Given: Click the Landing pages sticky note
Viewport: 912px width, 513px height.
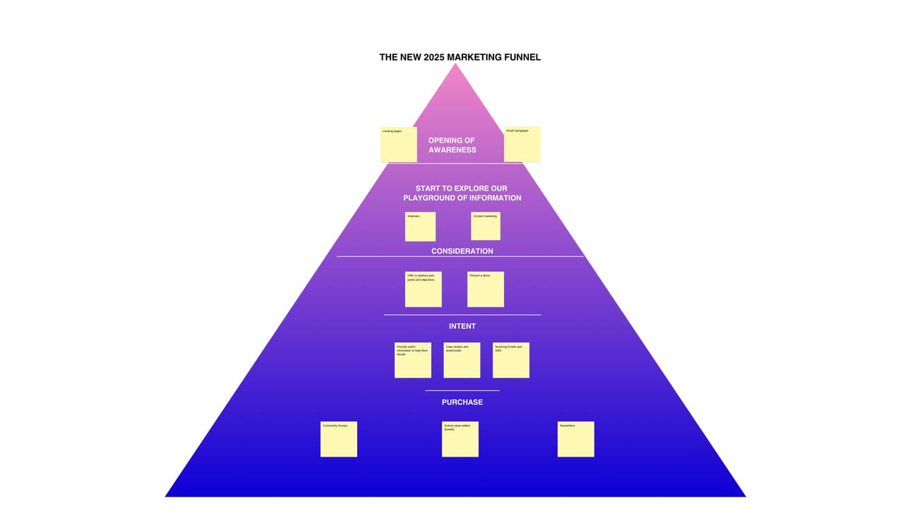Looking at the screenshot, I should coord(398,144).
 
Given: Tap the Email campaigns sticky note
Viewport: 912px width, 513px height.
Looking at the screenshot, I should coord(522,144).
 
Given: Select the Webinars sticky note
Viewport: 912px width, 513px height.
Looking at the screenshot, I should coord(420,227).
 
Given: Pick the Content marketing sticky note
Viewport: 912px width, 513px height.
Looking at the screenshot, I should coord(486,226).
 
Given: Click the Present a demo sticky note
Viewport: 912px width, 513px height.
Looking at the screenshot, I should coord(486,289).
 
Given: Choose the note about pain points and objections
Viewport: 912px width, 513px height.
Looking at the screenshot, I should coord(423,289).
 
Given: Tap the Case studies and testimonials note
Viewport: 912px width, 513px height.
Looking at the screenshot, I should coord(462,360).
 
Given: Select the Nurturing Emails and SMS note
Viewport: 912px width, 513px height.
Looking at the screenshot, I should coord(511,360).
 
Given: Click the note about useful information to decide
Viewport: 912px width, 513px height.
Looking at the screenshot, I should coord(413,360).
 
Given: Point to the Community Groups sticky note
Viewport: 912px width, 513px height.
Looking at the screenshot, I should coord(339,439).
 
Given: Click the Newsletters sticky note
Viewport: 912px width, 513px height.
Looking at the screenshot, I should coord(576,439).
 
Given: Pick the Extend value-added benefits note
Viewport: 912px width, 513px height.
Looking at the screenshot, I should coord(460,439).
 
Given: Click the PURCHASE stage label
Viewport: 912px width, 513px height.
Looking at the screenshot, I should coord(462,402).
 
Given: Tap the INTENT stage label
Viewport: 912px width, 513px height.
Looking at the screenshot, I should coord(462,326).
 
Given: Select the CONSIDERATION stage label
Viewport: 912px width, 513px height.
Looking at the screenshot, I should coord(462,251).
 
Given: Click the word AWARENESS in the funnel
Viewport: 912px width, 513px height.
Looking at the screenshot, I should coord(452,150).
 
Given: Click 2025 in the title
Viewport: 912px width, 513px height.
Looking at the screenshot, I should coord(434,57).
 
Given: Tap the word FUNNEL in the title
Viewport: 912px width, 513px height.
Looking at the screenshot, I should coord(522,57).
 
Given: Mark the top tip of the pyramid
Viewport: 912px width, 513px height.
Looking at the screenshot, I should coord(455,64).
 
